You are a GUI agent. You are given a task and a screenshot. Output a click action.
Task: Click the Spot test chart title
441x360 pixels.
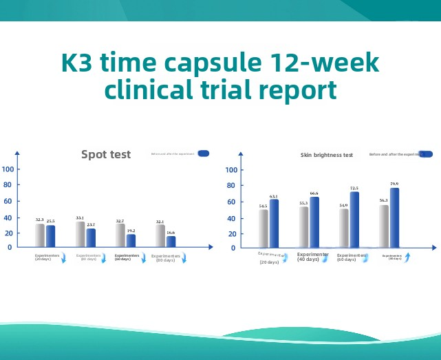[x=106, y=154]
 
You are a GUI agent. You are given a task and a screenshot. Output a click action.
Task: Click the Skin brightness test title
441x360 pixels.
[x=327, y=155]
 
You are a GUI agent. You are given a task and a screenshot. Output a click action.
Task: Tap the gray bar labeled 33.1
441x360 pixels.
[x=80, y=234]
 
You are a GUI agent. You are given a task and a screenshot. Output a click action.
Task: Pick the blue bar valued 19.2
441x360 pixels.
[x=131, y=240]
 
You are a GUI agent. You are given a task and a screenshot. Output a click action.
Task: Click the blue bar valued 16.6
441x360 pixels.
[x=171, y=241]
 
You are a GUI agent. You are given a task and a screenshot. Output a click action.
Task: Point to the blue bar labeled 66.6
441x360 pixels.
[x=314, y=222]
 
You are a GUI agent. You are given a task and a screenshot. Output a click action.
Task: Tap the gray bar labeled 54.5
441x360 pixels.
[x=263, y=228]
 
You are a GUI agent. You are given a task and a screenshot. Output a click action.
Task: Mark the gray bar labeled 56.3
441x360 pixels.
[x=384, y=226]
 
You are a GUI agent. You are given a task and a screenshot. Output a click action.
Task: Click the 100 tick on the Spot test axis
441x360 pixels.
[x=7, y=169]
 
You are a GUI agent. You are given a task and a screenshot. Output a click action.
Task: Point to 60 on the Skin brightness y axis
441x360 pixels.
[x=231, y=201]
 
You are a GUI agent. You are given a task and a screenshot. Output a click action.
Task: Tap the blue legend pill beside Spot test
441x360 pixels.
[x=203, y=153]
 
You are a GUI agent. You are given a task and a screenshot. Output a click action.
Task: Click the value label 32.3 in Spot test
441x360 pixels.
[x=40, y=220]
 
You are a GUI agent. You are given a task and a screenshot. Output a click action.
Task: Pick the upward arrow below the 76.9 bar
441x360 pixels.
[x=407, y=257]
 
